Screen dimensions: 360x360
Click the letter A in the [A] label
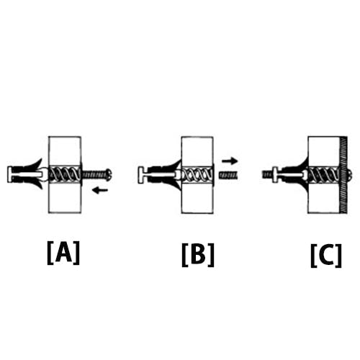coord(63,252)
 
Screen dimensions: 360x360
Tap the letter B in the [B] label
coord(198,254)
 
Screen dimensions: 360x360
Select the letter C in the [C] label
coord(326,255)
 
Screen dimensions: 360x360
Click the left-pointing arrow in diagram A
coord(100,191)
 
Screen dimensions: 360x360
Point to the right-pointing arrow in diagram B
coord(230,161)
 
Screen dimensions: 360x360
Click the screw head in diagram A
coord(109,174)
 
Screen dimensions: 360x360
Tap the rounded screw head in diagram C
coord(349,174)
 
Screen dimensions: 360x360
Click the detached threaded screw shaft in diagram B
coord(228,174)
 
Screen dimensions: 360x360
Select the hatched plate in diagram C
coord(343,175)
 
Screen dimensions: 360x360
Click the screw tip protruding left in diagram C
coord(268,174)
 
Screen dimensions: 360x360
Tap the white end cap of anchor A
coord(10,174)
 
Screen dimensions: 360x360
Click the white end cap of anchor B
coord(142,175)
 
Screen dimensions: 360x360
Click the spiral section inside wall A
coord(65,174)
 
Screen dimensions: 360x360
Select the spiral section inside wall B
coord(197,174)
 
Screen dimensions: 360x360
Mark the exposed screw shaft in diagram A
coord(94,174)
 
